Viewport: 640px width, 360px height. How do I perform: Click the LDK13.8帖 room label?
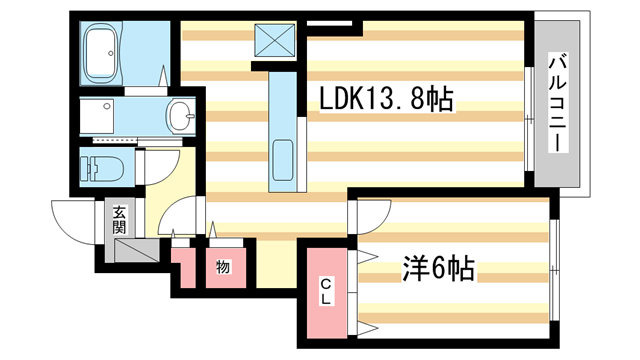pyautogui.click(x=386, y=99)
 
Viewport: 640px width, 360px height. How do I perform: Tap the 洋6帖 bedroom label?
pyautogui.click(x=439, y=269)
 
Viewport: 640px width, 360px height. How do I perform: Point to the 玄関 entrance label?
pyautogui.click(x=119, y=220)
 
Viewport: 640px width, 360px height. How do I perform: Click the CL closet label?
pyautogui.click(x=325, y=291)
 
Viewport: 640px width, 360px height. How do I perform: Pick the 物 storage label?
pyautogui.click(x=223, y=267)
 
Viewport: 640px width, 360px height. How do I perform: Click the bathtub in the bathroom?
pyautogui.click(x=101, y=51)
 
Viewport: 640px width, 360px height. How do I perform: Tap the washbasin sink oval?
pyautogui.click(x=181, y=116)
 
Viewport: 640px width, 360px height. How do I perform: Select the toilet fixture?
pyautogui.click(x=102, y=167)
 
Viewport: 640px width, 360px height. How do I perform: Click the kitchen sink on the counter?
pyautogui.click(x=282, y=160)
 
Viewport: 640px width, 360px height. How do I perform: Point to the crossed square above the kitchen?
pyautogui.click(x=275, y=40)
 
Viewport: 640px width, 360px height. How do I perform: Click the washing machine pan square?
pyautogui.click(x=97, y=116)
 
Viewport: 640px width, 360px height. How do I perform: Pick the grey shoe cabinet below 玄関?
pyautogui.click(x=136, y=251)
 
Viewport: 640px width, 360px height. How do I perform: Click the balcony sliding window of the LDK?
pyautogui.click(x=529, y=118)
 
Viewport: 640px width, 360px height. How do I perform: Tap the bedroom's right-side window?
pyautogui.click(x=553, y=270)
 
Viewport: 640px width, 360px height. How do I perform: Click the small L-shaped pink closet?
pyautogui.click(x=183, y=267)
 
